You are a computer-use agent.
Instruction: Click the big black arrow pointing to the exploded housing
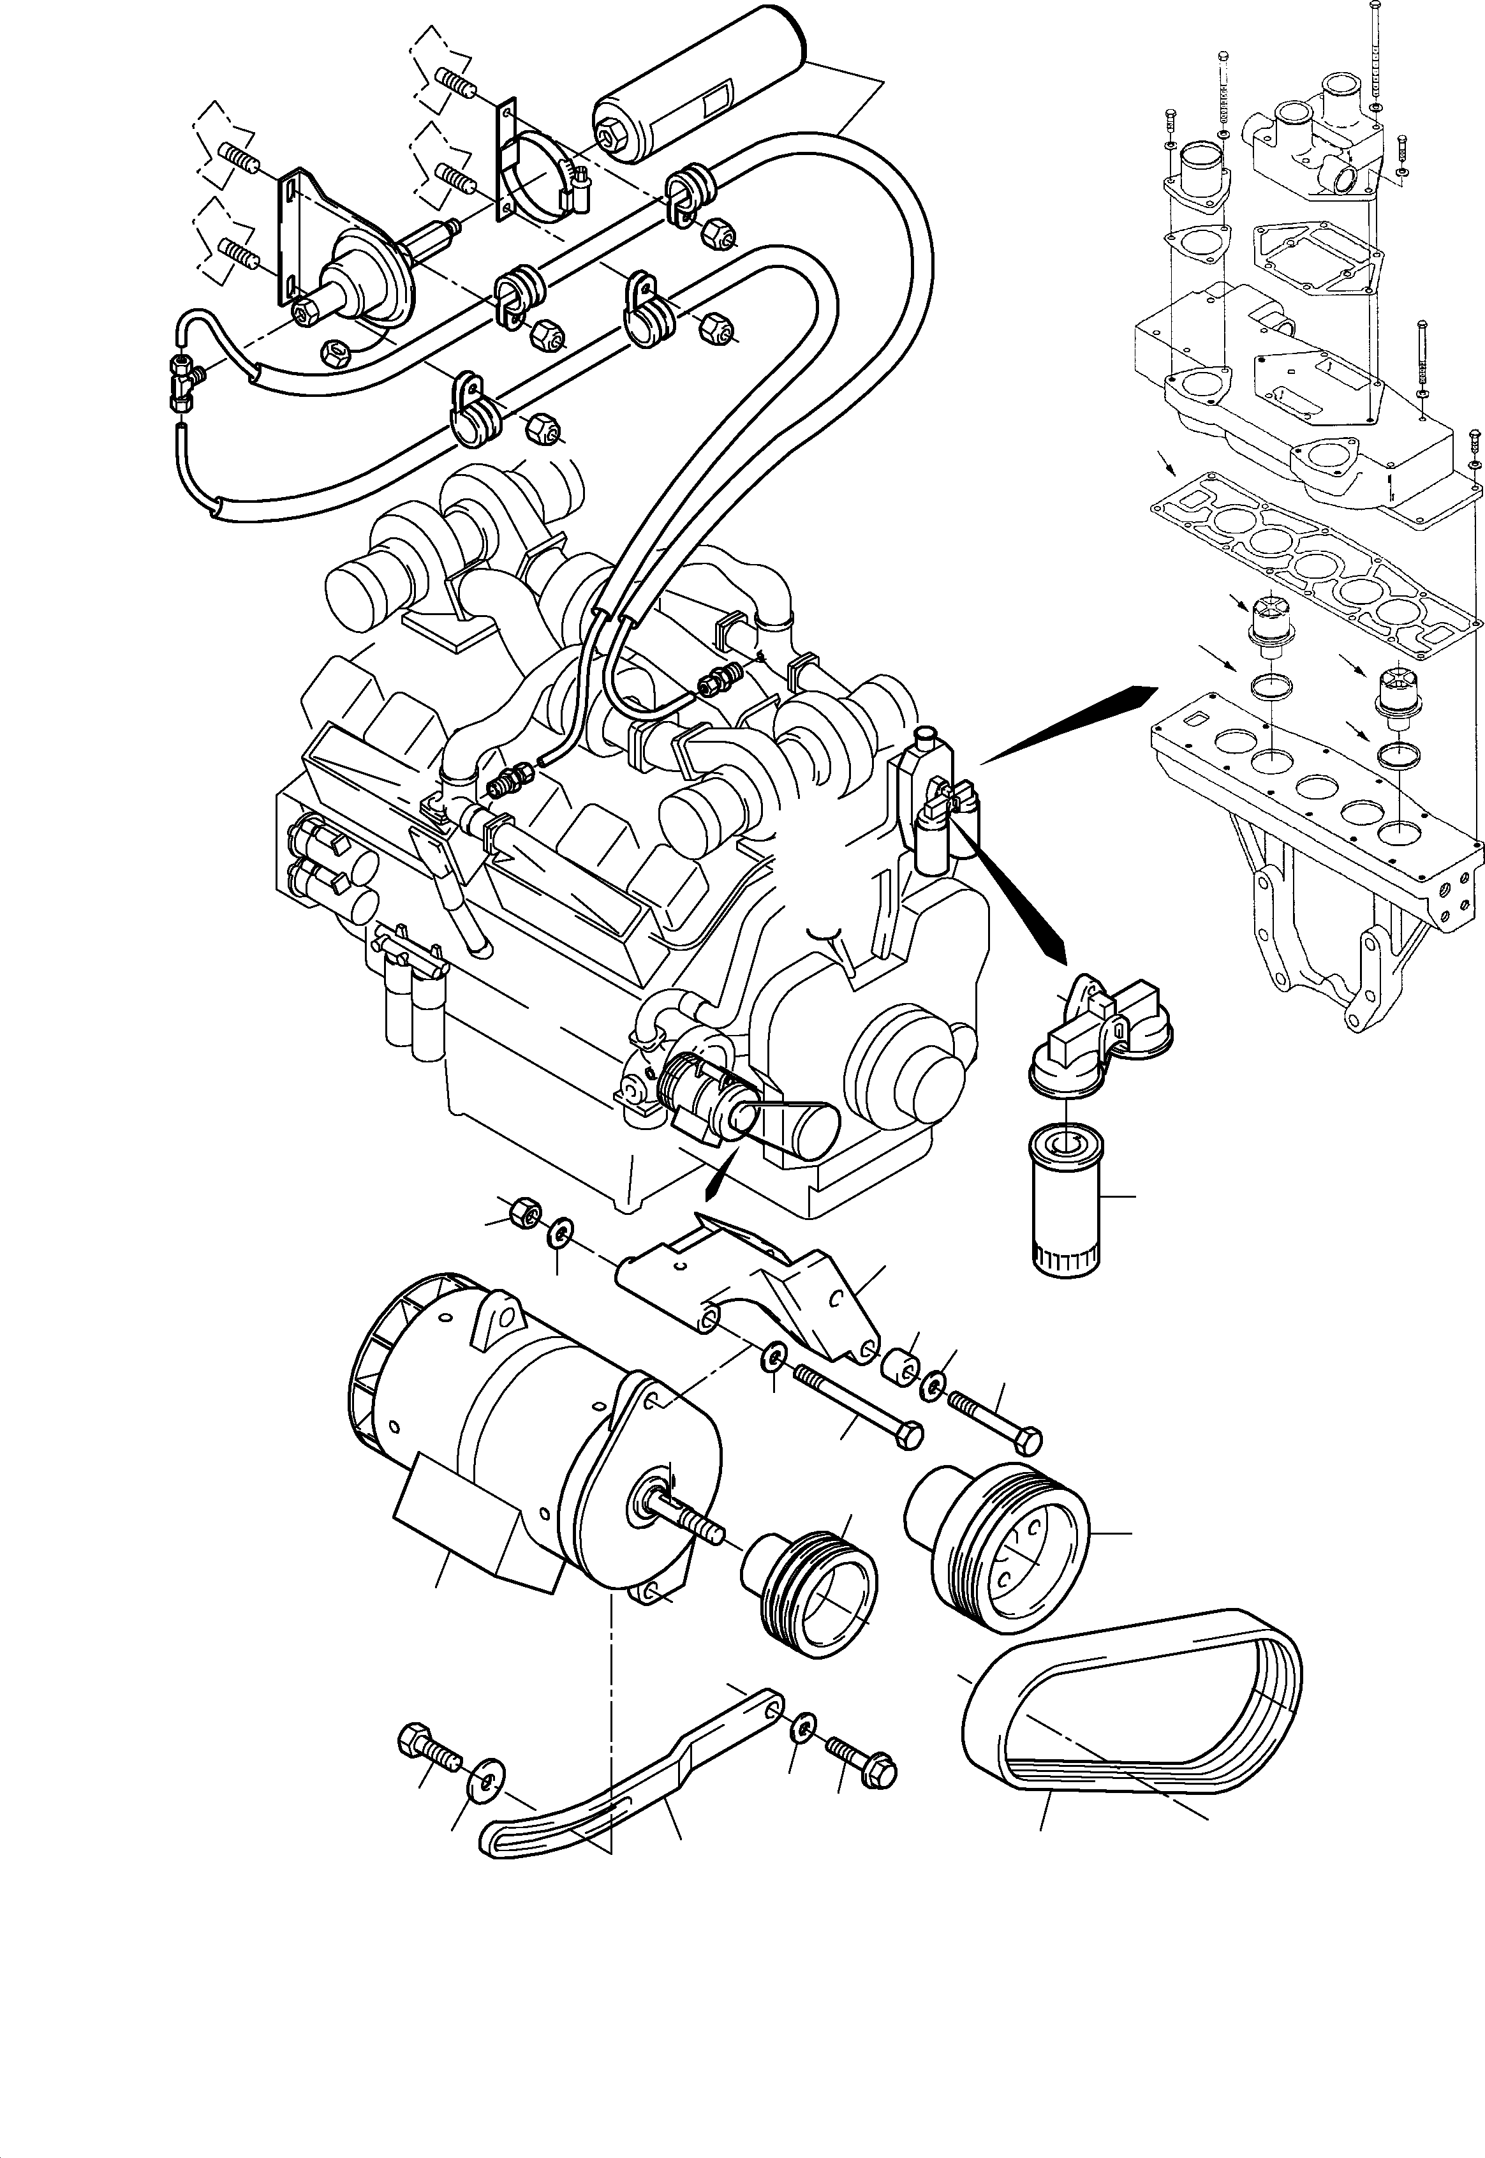[1070, 727]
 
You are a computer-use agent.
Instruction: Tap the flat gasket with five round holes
[1312, 562]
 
